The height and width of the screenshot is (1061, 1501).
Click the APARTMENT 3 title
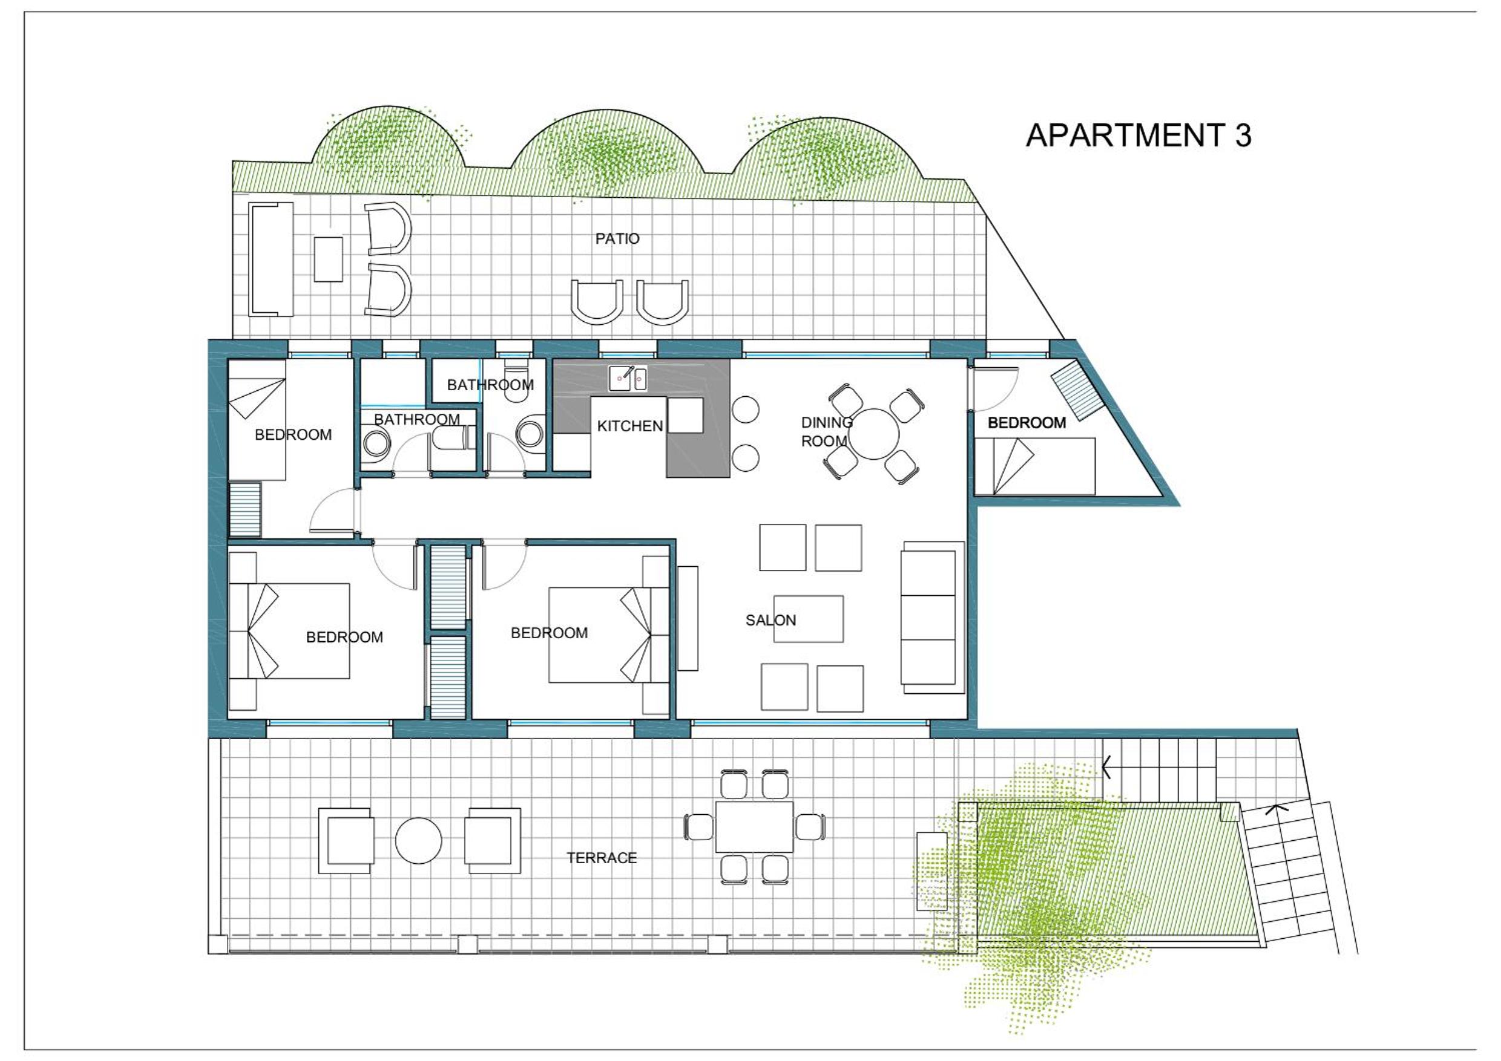pos(1138,135)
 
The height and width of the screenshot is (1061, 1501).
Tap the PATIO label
pos(617,238)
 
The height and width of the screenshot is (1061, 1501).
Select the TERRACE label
pos(602,858)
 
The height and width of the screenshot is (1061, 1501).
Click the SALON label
pos(770,620)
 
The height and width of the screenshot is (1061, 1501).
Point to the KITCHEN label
pos(630,426)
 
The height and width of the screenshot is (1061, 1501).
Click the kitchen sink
pos(628,378)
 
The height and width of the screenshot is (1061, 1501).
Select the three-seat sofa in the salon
pos(932,617)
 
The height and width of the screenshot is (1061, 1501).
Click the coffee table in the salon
pos(808,619)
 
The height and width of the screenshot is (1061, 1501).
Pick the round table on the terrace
pos(418,841)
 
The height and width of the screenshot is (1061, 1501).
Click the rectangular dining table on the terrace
pos(754,826)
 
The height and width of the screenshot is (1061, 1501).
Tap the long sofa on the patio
pos(271,260)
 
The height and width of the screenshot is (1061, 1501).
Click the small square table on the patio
pos(328,260)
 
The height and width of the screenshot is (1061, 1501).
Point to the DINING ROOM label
pos(827,432)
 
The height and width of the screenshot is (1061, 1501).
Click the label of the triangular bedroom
pos(1026,423)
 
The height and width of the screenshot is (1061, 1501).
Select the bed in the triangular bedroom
pos(1034,466)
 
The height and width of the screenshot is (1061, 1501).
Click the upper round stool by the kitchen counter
pos(745,410)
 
